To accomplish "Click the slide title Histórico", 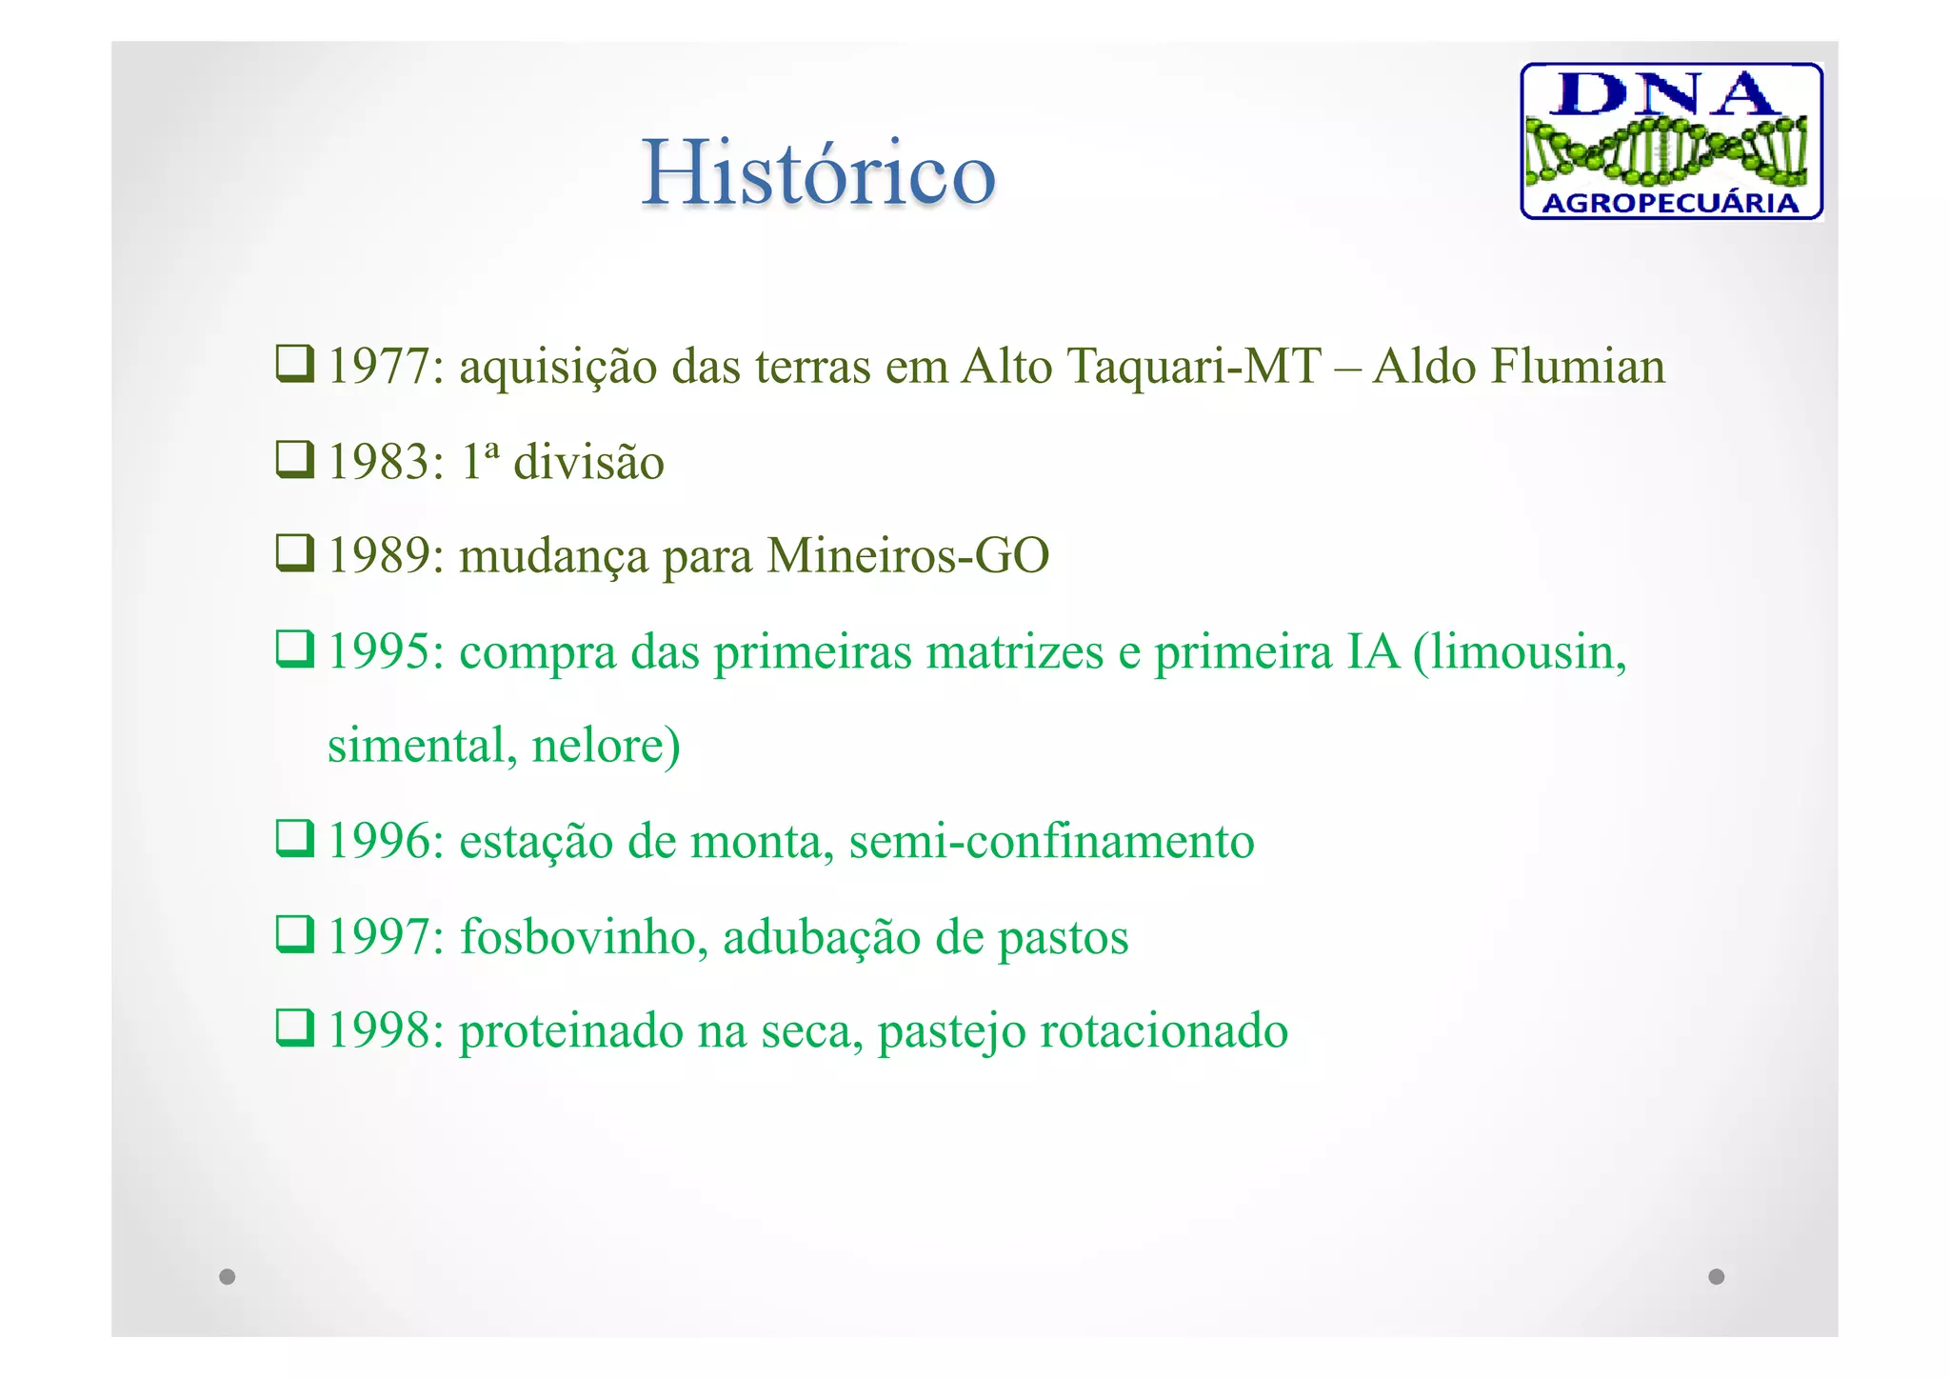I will tap(818, 172).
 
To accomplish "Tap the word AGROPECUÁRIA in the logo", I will tap(1669, 203).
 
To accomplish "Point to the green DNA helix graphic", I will tap(1667, 150).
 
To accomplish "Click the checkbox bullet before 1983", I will tap(294, 460).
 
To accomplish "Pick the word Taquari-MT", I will tap(1194, 367).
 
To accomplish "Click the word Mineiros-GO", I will tap(907, 556).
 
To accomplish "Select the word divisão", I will tap(588, 463).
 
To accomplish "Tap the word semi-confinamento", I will tap(1051, 842).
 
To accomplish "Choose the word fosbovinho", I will tap(584, 937).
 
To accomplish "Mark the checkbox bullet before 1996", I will tap(294, 839).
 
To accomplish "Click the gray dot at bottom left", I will tap(227, 1276).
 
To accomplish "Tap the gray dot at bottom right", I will tap(1716, 1276).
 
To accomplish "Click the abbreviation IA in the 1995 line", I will tap(1374, 652).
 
